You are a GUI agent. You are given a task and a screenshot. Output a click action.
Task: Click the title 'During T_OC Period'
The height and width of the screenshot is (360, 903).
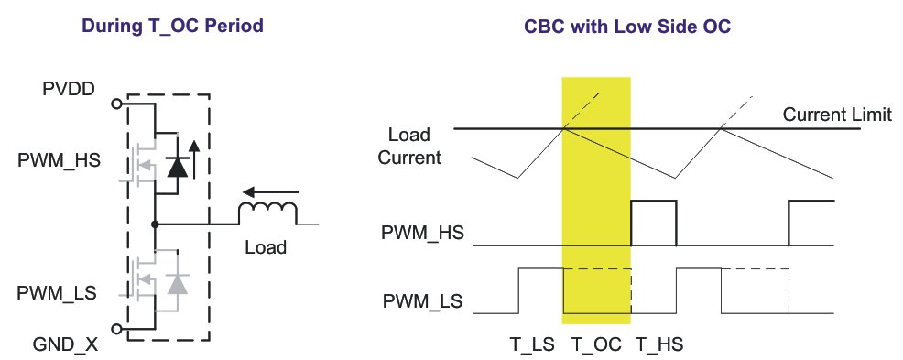pos(173,26)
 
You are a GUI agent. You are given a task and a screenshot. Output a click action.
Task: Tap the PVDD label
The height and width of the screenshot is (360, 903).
pos(69,89)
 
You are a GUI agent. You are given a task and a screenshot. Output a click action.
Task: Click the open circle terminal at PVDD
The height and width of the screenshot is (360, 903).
pos(116,104)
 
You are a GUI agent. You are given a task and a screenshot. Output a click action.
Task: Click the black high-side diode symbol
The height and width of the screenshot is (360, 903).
pos(178,164)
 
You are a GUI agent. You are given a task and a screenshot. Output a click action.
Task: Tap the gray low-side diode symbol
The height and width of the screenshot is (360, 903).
pos(178,284)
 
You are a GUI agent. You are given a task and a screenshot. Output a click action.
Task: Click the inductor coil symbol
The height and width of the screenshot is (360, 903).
pos(267,213)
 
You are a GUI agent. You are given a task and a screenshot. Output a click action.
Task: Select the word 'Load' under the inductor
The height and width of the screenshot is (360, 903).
pos(266,247)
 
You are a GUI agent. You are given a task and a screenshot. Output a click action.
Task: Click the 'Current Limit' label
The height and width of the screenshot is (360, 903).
pos(837,115)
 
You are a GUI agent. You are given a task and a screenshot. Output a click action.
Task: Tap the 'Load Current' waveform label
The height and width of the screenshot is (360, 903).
pos(409,147)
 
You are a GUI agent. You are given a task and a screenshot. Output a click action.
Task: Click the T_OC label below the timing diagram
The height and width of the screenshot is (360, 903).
pos(596,344)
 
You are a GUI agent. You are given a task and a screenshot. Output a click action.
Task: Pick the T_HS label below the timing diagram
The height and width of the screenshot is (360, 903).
pos(658,344)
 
